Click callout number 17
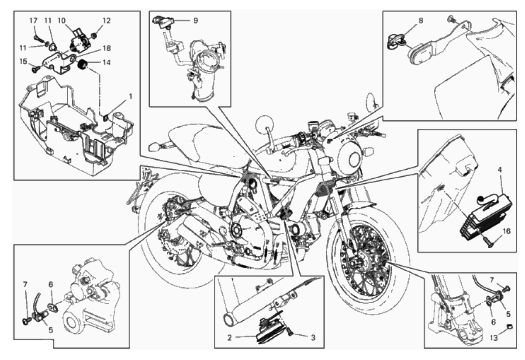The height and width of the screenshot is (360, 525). (x=33, y=21)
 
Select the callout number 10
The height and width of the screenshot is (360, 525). (x=62, y=21)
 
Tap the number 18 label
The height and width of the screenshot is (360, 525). (x=107, y=48)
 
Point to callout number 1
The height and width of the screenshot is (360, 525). (x=131, y=96)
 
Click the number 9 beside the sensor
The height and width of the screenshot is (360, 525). (x=196, y=21)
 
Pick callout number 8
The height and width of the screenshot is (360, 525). (x=421, y=21)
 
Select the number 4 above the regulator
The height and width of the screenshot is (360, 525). (x=500, y=170)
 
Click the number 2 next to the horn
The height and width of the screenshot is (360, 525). (x=229, y=337)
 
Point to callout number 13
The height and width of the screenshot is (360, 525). (x=494, y=345)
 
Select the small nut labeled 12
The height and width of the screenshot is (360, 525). (x=94, y=36)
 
